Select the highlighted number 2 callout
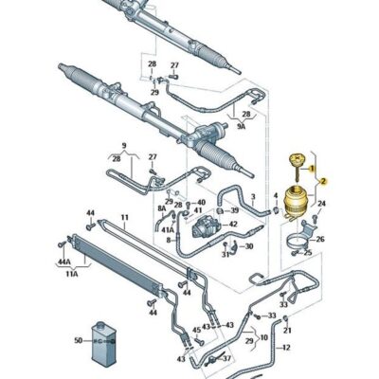coord(322,180)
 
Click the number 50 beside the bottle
coord(79,339)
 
